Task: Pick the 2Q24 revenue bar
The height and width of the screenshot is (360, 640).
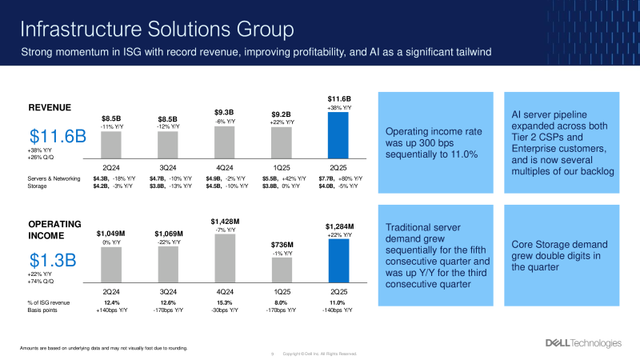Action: [x=111, y=144]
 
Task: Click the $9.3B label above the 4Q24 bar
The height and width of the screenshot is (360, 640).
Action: [x=225, y=112]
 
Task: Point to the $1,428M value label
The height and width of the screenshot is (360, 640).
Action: [x=225, y=221]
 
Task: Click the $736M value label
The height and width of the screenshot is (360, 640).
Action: [x=282, y=245]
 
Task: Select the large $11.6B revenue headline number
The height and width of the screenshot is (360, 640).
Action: [x=58, y=135]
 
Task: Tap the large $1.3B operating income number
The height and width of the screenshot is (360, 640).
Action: [x=53, y=260]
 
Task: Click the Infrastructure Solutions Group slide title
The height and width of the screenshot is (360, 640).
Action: [x=156, y=30]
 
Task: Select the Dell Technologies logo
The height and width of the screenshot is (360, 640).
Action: [x=582, y=343]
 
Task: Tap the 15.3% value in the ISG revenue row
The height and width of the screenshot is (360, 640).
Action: [x=225, y=302]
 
